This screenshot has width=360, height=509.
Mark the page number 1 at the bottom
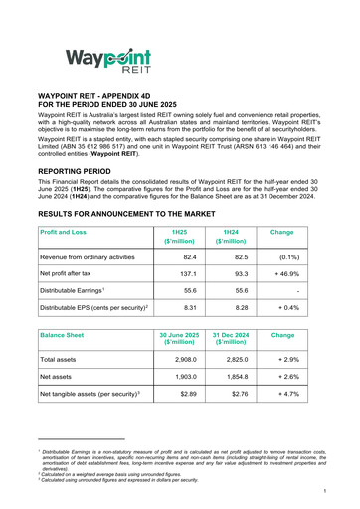point(340,490)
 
